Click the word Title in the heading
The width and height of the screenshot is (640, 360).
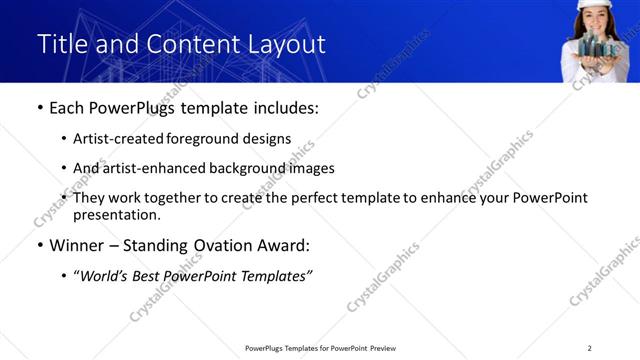60,45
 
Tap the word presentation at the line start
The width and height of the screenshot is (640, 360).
116,214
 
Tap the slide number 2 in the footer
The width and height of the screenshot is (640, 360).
589,348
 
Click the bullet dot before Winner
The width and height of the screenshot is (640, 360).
39,244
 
